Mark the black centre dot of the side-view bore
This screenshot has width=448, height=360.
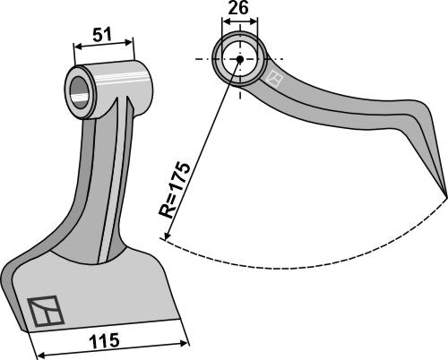click(x=240, y=60)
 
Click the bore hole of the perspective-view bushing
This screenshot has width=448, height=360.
click(x=79, y=88)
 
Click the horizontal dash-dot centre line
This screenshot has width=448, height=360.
click(x=269, y=60)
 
